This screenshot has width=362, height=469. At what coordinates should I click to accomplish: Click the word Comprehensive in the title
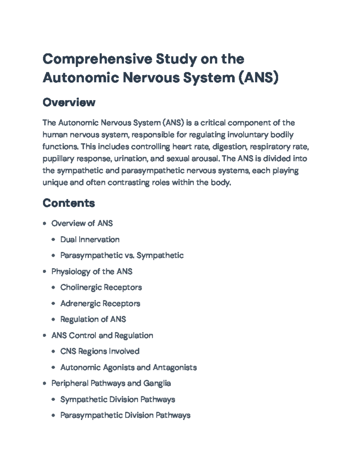(97, 59)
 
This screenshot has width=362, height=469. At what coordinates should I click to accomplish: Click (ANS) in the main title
(258, 78)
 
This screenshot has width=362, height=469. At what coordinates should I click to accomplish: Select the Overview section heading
(69, 102)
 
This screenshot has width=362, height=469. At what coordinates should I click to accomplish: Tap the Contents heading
(69, 203)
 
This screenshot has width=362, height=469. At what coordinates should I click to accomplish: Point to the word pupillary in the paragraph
(58, 159)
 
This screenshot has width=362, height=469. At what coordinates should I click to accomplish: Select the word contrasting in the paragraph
(129, 183)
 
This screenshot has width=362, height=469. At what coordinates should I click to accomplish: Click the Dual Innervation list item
(90, 239)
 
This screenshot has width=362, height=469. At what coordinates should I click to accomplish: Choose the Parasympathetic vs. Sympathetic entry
(122, 255)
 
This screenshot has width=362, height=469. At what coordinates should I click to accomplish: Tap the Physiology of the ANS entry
(92, 271)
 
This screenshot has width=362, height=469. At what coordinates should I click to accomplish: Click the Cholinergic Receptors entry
(101, 287)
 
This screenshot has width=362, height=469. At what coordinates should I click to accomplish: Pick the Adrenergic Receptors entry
(100, 303)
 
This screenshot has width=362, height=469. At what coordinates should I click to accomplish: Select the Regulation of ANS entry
(93, 319)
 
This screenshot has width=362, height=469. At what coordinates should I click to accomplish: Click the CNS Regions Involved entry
(100, 351)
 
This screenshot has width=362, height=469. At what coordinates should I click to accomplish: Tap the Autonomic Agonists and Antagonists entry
(129, 367)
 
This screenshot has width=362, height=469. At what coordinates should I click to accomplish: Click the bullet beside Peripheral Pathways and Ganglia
(45, 384)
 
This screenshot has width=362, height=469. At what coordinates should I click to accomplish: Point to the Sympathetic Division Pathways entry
(118, 399)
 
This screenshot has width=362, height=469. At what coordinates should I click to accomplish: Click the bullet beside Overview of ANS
(45, 223)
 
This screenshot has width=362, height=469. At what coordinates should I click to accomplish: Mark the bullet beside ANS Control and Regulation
(45, 336)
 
